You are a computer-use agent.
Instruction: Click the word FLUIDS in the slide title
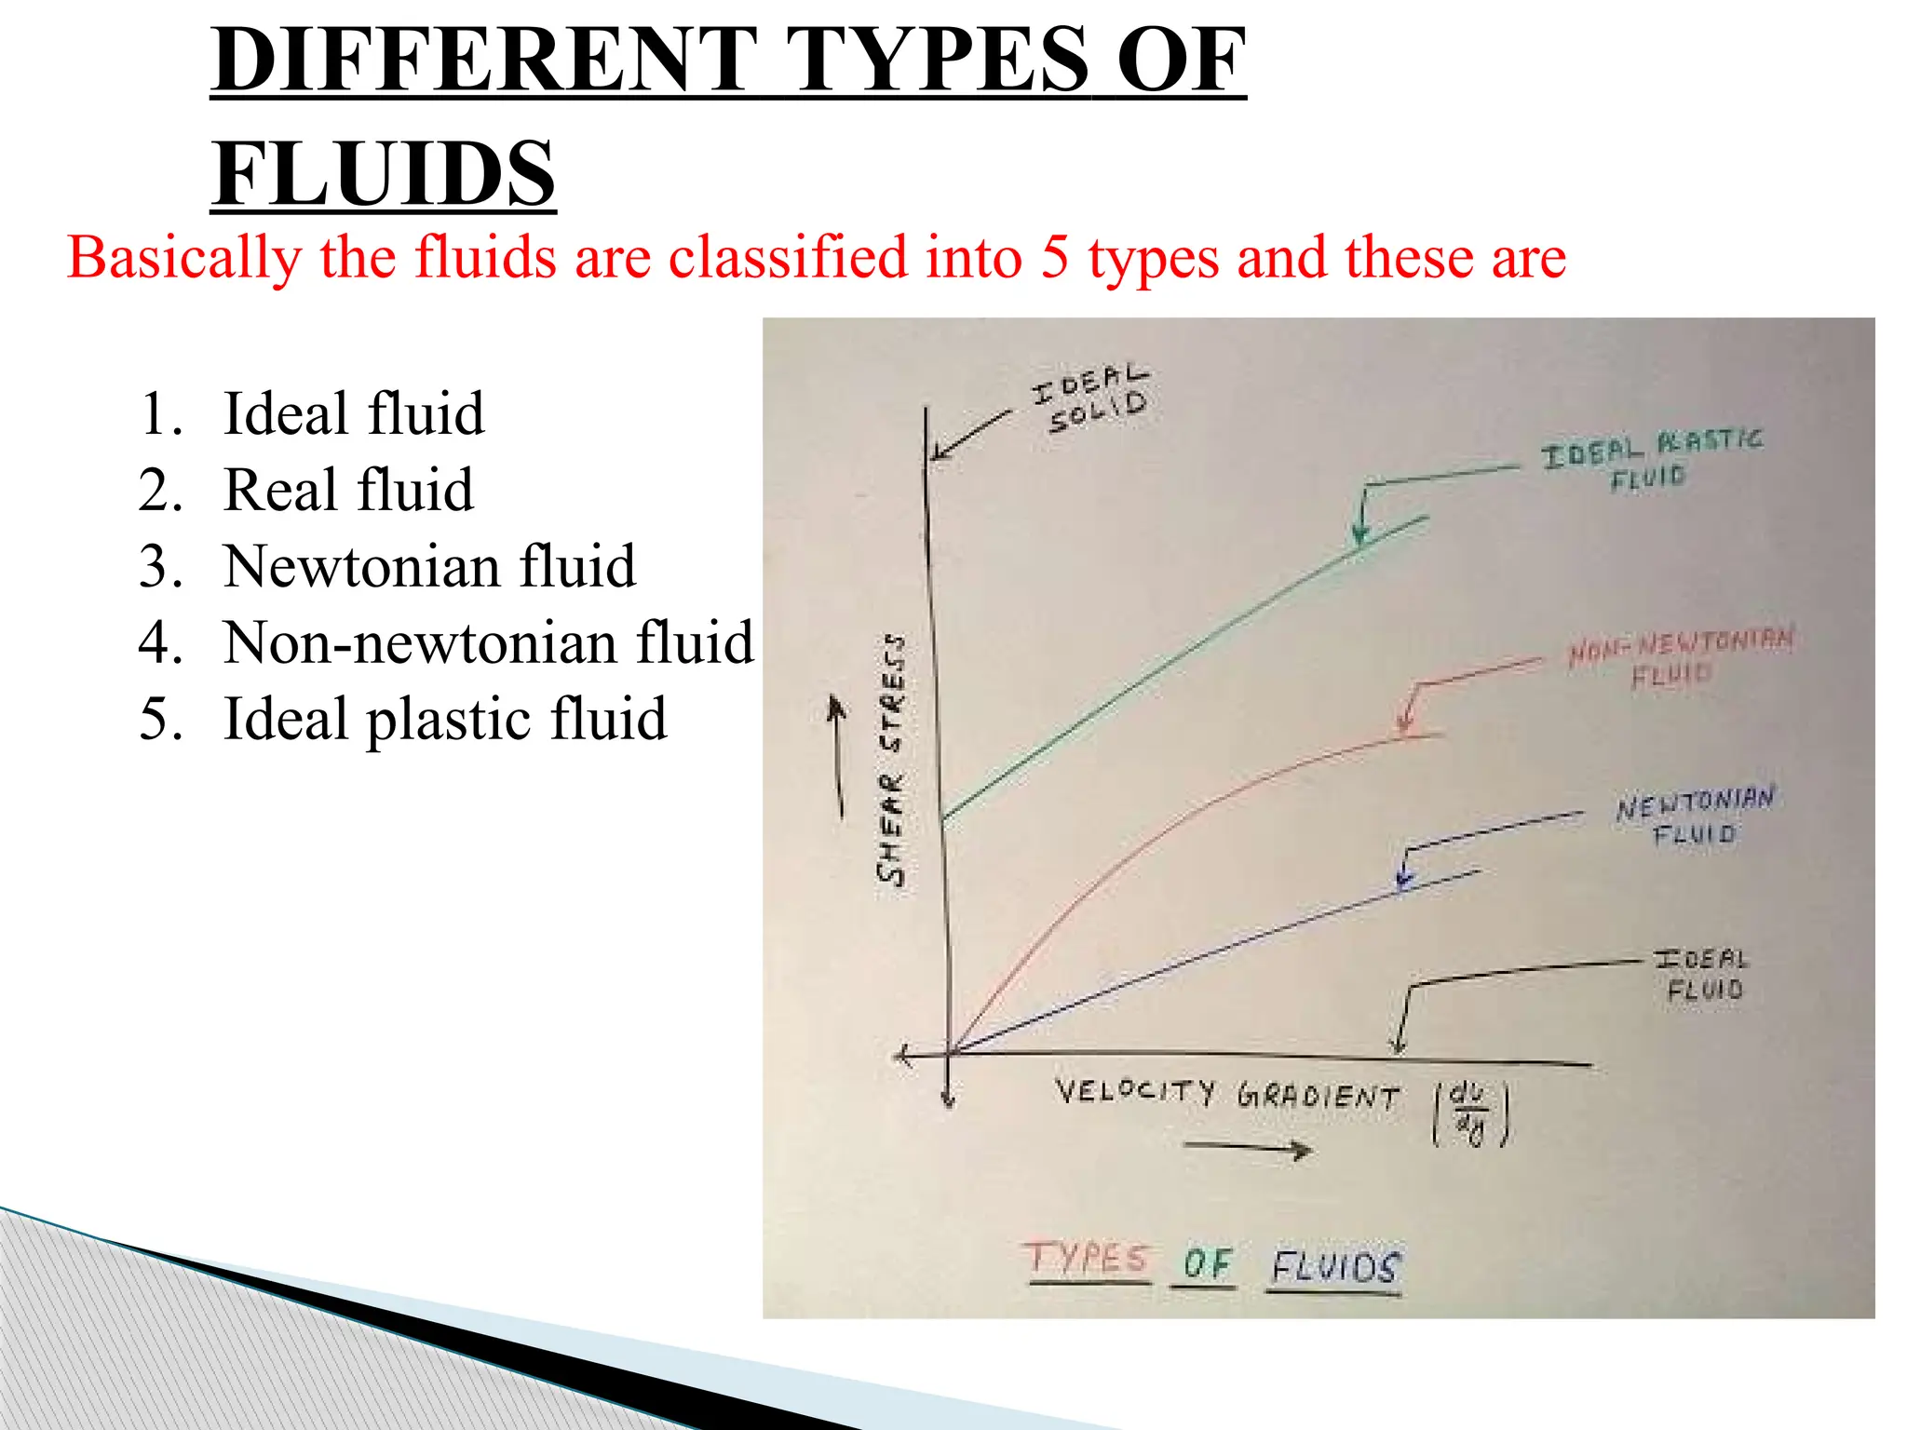tap(383, 174)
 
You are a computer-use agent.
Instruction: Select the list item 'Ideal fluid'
tap(353, 413)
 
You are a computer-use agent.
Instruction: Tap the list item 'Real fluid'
tap(348, 490)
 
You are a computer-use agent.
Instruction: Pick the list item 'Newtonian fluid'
tap(429, 566)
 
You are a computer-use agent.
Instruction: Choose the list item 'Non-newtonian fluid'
tap(488, 642)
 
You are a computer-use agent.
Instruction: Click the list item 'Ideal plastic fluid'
tap(444, 719)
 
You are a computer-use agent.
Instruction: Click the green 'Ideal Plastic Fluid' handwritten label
tap(1651, 459)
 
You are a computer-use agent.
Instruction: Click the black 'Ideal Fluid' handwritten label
tap(1702, 973)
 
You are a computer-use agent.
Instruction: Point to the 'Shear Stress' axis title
tap(891, 759)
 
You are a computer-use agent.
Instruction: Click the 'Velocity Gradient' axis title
tap(1226, 1093)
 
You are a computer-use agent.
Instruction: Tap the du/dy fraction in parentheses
tap(1470, 1112)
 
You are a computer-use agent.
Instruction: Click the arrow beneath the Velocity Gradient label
tap(1248, 1149)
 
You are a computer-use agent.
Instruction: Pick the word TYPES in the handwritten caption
tap(1087, 1259)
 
